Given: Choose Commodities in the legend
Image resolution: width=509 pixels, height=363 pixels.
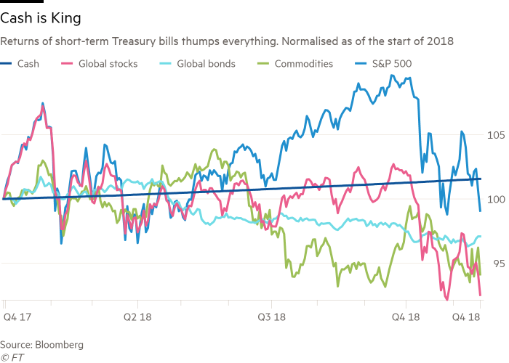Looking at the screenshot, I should (305, 64).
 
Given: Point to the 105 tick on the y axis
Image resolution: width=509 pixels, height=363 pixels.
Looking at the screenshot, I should (494, 134).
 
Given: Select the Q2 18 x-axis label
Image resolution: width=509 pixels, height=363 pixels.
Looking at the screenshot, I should (137, 317).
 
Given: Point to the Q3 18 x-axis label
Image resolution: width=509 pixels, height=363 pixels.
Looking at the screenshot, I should (273, 317).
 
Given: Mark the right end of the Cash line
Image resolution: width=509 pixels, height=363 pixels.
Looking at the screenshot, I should (481, 179).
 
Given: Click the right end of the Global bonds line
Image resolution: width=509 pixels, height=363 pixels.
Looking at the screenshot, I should (481, 237).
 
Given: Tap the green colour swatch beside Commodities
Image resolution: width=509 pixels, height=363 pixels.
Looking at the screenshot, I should (264, 64).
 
